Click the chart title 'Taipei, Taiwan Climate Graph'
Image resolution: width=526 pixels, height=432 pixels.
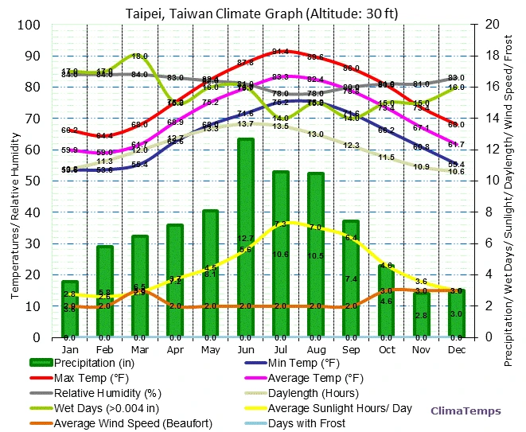[x=262, y=13]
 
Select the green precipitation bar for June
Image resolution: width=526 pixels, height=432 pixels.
[x=246, y=239]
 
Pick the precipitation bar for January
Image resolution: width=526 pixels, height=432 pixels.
[x=70, y=309]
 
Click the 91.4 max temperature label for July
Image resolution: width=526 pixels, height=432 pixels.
[x=280, y=52]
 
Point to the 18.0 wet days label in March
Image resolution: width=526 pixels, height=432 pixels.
[x=140, y=56]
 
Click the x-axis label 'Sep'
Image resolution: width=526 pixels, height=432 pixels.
[x=351, y=349]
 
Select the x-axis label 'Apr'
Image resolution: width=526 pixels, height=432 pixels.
[x=175, y=349]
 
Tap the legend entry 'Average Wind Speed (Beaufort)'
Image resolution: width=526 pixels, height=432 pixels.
[x=131, y=422]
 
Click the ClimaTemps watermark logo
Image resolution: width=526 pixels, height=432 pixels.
[x=466, y=411]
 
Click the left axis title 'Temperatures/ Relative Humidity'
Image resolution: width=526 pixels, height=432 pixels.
[x=15, y=181]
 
